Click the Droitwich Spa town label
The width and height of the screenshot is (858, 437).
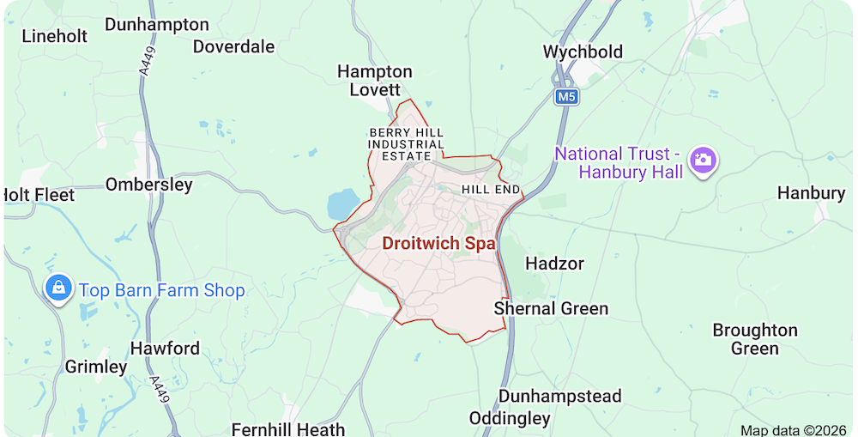[x=438, y=243]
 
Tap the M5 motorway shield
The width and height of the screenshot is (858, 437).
[x=566, y=97]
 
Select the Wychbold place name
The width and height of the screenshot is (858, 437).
[x=583, y=52]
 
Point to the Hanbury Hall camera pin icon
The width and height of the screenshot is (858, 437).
[x=703, y=159]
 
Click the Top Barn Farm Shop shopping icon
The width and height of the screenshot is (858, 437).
[x=58, y=288]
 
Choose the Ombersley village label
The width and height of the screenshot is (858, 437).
[x=148, y=185]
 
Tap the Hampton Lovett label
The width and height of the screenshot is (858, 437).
[x=374, y=81]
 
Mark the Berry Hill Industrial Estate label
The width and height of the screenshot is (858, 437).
[x=407, y=144]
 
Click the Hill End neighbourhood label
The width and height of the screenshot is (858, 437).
[x=492, y=189]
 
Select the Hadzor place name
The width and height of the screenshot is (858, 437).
[x=554, y=263]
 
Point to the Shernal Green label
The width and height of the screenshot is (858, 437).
[x=551, y=308]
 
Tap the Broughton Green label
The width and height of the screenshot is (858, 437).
[x=755, y=339]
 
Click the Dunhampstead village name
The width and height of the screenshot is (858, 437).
[x=559, y=396]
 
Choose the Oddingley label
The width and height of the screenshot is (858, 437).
[x=510, y=418]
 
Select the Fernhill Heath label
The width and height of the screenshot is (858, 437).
[x=288, y=428]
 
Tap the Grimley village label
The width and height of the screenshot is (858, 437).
[x=96, y=367]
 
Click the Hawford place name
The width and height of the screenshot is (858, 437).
[x=165, y=349]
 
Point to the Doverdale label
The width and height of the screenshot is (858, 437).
[x=233, y=46]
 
